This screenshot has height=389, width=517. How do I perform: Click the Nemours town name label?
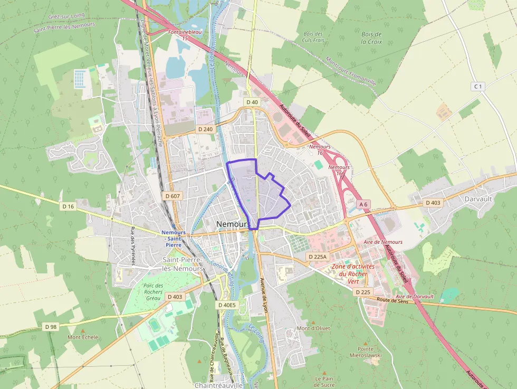pos(232,224)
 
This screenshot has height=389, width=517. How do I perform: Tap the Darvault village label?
pos(478,199)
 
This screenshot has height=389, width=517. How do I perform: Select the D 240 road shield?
pos(205,129)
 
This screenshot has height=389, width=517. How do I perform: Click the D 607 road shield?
pos(173,196)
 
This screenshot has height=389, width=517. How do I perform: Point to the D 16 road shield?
pos(68,206)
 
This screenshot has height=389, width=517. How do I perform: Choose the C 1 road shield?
pos(478,86)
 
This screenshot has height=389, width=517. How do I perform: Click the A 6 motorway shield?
pos(363,204)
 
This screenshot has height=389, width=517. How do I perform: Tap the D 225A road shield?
pos(317,257)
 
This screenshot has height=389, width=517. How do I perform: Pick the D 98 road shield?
pos(51,327)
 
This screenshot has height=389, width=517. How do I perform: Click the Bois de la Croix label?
pos(371,37)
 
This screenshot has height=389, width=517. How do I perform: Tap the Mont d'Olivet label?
pos(313,328)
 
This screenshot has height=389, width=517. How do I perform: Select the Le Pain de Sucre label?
pos(324,382)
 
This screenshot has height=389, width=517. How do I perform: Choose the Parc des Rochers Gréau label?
pos(152,292)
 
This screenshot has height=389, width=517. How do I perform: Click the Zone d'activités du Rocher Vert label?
pos(353,274)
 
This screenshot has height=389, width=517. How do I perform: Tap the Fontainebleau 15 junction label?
pos(185,35)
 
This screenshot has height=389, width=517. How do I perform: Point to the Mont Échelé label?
pos(83,337)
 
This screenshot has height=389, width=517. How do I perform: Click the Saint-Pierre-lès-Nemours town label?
pos(183,264)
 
